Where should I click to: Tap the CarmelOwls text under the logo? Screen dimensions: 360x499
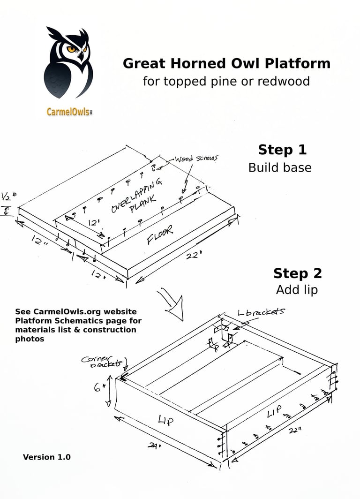click(68, 112)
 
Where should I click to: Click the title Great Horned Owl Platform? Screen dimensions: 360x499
click(226, 63)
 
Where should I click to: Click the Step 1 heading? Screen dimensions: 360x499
click(282, 150)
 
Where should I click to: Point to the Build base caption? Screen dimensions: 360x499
click(280, 167)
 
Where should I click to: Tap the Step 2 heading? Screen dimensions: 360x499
click(297, 273)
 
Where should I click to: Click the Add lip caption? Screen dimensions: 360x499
click(297, 290)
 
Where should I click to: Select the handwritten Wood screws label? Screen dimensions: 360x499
click(196, 159)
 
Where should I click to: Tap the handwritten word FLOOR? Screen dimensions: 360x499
click(160, 234)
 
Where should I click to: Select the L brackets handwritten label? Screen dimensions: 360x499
click(261, 311)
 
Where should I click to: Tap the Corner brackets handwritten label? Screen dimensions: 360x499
click(101, 361)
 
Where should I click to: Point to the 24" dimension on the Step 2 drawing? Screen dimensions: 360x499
click(152, 446)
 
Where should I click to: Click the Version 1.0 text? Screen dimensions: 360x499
click(47, 457)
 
